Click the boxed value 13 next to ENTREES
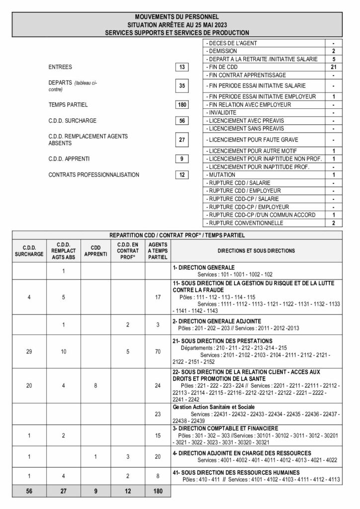click(182, 67)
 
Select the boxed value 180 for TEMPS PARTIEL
click(182, 105)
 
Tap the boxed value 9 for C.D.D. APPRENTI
click(182, 159)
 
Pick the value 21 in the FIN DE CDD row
click(334, 67)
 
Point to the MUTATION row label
click(221, 175)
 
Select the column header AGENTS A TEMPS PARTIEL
click(158, 251)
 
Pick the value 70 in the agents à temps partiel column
click(158, 351)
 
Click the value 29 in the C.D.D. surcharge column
click(29, 351)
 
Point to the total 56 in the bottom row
click(29, 491)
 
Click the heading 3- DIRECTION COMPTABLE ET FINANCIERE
click(226, 428)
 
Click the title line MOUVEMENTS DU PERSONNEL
click(177, 17)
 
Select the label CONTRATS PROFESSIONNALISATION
click(94, 174)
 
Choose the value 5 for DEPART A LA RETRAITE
click(334, 59)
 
